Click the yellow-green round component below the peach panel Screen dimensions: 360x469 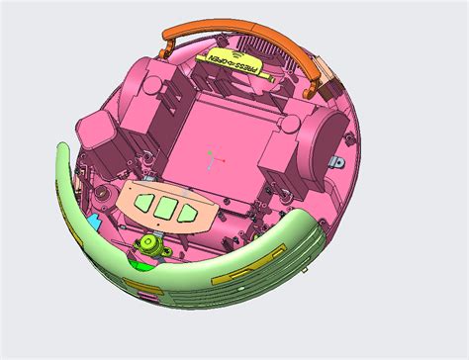click(x=150, y=244)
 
